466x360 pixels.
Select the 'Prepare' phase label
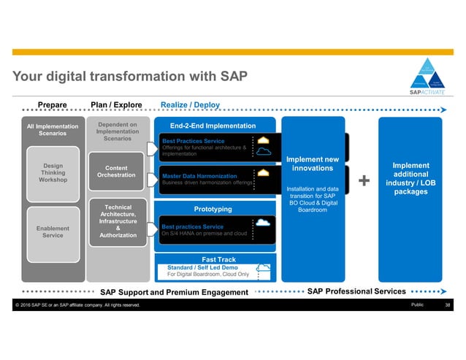tap(53, 105)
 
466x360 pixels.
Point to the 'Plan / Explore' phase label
tap(116, 105)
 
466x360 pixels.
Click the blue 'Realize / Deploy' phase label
tap(190, 105)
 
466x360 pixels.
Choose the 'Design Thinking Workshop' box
tap(53, 172)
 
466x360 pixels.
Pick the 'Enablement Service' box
tap(53, 231)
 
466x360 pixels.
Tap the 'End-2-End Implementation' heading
tap(207, 126)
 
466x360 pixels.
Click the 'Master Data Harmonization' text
tap(199, 176)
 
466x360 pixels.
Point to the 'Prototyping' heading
tap(213, 209)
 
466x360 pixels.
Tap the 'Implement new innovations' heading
tap(313, 164)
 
